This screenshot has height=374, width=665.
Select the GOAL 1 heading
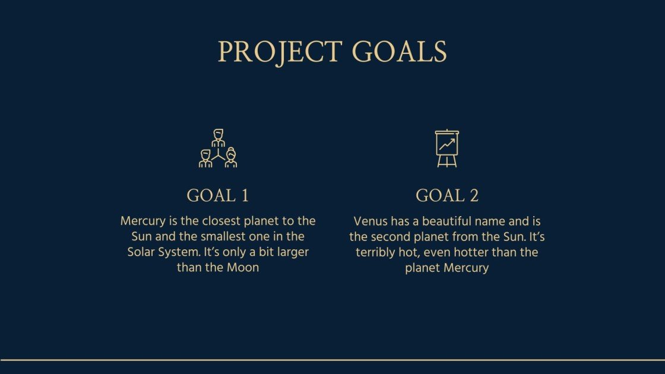(217, 195)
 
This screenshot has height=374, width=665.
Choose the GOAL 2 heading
(446, 195)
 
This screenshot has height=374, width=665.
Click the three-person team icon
(218, 148)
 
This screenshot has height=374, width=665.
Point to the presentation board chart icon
(447, 148)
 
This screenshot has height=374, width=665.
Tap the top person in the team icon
(218, 137)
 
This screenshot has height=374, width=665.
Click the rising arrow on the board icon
(447, 144)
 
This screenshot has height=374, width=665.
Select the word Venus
(370, 221)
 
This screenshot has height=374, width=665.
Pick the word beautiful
(455, 221)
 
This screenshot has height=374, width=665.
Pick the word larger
(290, 252)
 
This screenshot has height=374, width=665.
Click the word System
(179, 252)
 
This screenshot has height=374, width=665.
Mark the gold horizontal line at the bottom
(332, 359)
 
